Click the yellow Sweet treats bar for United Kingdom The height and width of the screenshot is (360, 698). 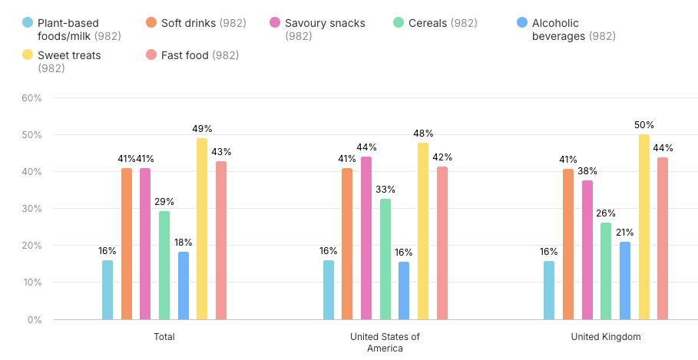coord(643,227)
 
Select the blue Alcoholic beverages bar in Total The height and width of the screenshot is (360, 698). coord(184,286)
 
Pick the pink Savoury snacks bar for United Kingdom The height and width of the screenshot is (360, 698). coord(587,249)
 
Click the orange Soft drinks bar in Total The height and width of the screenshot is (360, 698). coord(127,244)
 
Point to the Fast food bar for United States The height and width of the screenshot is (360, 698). coord(442,243)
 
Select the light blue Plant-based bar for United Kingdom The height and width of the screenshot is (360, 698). coord(549,290)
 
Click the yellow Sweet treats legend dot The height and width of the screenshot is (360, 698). coord(28,55)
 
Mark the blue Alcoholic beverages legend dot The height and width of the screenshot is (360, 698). coord(521,23)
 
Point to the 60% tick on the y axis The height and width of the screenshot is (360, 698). coord(31,98)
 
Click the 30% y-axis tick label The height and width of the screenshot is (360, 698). coord(31,209)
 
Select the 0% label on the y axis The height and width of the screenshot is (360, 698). coord(35,319)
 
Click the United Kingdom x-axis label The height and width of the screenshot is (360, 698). coord(605,337)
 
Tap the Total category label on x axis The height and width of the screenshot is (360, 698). coord(164,337)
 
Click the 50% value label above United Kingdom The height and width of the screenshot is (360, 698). coord(643,124)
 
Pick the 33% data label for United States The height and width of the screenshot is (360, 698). coord(385,189)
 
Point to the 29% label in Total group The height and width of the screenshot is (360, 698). coord(164,202)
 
